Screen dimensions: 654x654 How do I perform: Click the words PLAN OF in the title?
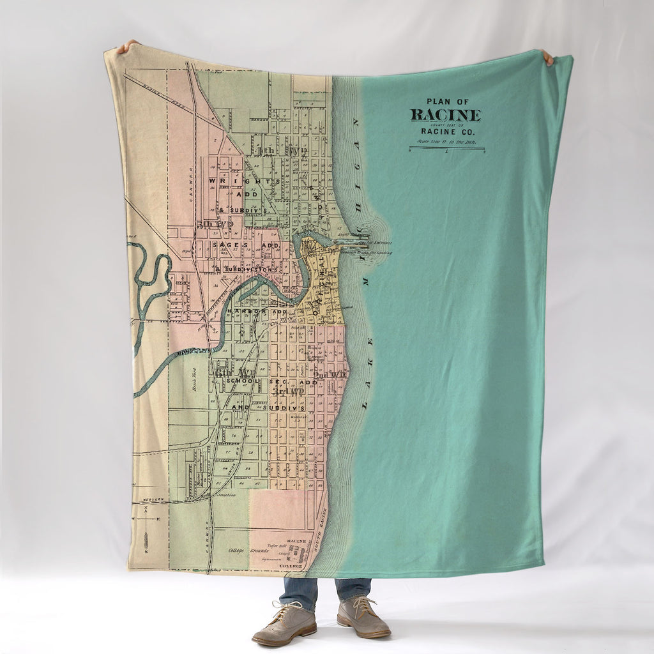[x=447, y=102]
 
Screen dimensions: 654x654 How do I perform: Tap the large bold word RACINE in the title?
[x=445, y=116]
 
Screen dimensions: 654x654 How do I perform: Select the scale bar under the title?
[x=446, y=148]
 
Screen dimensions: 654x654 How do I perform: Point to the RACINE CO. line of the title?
[x=446, y=131]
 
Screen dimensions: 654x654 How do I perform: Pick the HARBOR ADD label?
[x=255, y=311]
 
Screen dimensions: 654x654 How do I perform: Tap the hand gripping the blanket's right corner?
[x=548, y=57]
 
